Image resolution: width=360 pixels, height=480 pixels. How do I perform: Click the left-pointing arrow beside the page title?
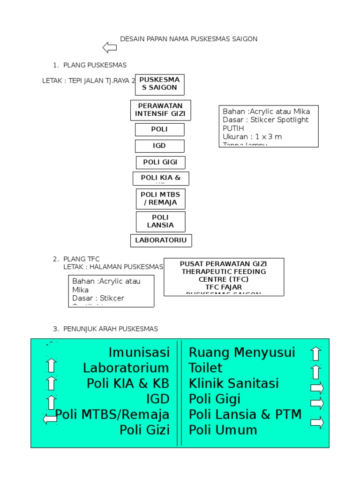pos(110,47)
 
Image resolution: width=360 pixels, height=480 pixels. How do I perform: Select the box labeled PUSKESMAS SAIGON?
pos(160,84)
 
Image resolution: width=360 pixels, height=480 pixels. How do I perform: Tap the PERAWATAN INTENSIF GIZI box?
pos(161,110)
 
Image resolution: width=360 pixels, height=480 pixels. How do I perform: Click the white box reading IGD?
pos(159,146)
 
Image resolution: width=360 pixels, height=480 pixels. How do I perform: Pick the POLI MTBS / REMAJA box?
pos(160,198)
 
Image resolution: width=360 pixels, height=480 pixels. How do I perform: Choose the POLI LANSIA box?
pos(160,221)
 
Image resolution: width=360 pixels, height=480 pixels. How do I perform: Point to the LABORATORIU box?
pos(161,240)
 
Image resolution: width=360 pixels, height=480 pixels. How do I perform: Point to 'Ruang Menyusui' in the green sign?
pos(242,352)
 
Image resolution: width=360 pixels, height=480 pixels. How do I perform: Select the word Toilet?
pos(205,367)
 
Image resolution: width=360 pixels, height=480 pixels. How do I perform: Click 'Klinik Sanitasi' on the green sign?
pos(234,383)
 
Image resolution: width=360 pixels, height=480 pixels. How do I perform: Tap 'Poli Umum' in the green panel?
pos(223,430)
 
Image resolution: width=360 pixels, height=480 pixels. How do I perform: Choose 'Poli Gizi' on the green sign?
pos(144,430)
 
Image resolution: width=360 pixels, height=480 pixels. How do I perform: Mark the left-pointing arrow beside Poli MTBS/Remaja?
pos(50,419)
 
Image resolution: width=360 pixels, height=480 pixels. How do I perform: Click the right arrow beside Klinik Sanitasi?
pos(317,388)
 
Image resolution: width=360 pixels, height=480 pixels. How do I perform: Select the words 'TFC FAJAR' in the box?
pos(223,286)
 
